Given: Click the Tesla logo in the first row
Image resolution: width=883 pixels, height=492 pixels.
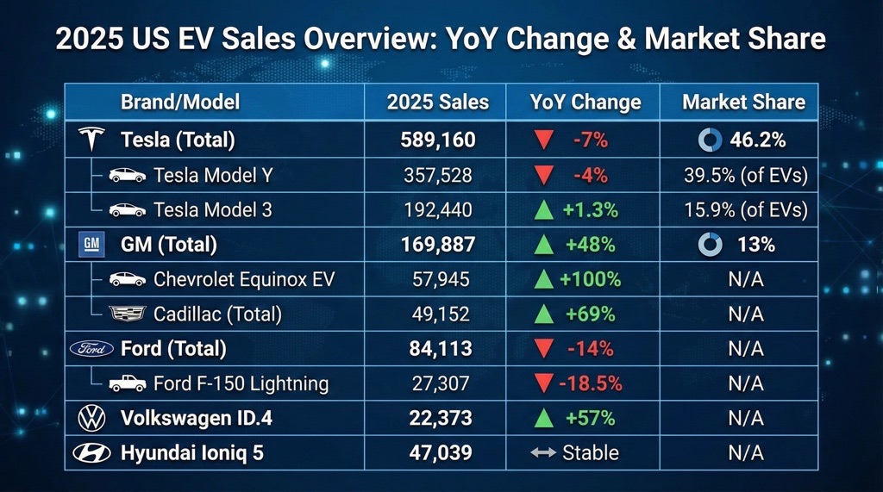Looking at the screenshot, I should tap(91, 139).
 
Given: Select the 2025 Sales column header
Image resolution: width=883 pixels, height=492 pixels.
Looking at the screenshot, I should tap(437, 103).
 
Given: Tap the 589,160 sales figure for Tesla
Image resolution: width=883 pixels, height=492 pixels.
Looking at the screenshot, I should tap(437, 140).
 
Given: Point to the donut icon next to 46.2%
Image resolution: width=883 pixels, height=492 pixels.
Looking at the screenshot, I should tap(710, 140).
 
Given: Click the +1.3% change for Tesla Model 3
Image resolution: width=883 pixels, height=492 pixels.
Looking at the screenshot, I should tap(590, 209).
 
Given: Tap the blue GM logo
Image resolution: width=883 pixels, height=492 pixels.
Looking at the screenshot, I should tap(91, 245).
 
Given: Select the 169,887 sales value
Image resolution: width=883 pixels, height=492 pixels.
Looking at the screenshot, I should tap(437, 245).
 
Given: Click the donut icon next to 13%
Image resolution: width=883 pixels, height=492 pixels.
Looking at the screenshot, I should tap(711, 245).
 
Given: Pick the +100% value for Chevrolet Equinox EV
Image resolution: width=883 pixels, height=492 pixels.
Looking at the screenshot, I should tap(590, 279).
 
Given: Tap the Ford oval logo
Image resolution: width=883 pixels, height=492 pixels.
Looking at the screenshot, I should tap(91, 348).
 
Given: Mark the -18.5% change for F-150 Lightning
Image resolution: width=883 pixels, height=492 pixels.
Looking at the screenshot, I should tap(591, 383).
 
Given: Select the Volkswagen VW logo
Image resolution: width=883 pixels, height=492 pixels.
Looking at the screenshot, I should tap(91, 418).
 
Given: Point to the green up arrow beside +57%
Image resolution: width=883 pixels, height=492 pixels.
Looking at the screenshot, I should tap(543, 418).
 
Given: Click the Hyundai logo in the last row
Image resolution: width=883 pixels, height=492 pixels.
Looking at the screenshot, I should tap(91, 452).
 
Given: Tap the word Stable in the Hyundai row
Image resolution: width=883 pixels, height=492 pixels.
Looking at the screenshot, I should tap(590, 452).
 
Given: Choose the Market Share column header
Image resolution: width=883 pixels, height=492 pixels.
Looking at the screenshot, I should tap(743, 103).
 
